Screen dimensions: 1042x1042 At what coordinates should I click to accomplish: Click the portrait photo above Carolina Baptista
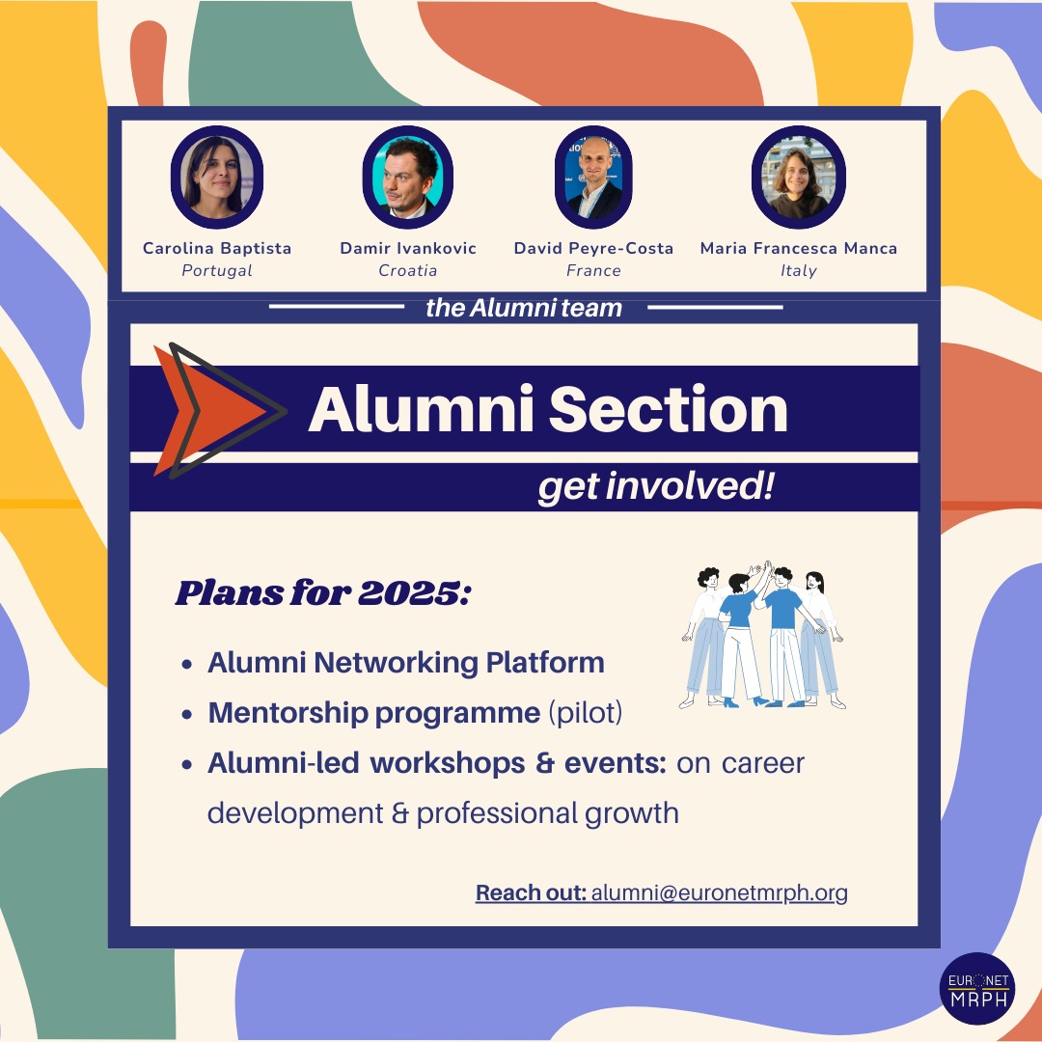coord(217,177)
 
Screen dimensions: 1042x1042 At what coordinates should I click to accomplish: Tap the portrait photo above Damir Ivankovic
coord(407,177)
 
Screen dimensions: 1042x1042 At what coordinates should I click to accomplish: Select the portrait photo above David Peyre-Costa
coord(593,177)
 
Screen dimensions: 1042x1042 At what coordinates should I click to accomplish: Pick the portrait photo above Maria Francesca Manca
coord(798,177)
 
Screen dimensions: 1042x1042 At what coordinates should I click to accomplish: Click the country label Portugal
coord(217,270)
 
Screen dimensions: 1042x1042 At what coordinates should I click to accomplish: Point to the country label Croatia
coord(408,270)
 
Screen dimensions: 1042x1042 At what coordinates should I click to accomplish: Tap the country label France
coord(593,270)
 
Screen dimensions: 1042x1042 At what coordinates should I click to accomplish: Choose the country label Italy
coord(799,270)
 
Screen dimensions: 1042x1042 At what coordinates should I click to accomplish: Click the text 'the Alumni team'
coord(524,308)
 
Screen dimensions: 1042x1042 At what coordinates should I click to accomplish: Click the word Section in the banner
coord(668,409)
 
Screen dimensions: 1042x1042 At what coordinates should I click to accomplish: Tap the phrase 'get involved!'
coord(656,486)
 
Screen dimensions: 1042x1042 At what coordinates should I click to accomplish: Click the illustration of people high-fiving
coord(762,635)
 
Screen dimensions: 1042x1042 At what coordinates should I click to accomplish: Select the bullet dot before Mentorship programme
coord(187,714)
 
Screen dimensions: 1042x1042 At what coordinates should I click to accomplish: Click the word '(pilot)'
coord(586,713)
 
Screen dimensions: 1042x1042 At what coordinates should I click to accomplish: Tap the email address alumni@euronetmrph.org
coord(719,892)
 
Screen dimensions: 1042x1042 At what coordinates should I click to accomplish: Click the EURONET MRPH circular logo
coord(976,989)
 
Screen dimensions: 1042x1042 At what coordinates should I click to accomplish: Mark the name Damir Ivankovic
coord(408,248)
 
